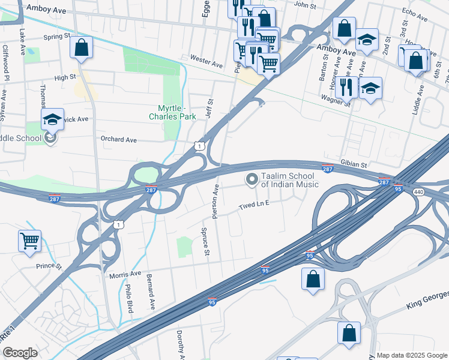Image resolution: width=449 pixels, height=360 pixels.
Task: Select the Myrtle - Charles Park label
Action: click(172, 112)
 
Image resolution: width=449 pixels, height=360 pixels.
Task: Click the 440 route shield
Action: click(418, 191)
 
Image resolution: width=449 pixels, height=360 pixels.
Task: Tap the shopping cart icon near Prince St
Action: click(29, 241)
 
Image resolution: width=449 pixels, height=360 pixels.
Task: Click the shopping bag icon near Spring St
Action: click(82, 47)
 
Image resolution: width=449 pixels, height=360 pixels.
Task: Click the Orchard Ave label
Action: click(119, 140)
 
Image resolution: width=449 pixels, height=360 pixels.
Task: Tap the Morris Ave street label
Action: click(125, 275)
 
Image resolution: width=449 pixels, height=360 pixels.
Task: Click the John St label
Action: click(305, 5)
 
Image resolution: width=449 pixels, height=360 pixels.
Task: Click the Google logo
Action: click(20, 353)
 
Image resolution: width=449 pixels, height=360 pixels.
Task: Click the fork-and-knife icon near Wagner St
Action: click(346, 87)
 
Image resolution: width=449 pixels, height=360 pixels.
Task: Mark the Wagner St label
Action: click(335, 100)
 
